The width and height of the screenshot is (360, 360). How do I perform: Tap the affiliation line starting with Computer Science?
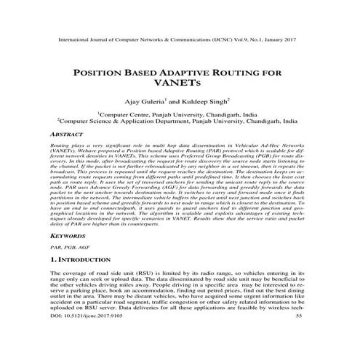[180, 122]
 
